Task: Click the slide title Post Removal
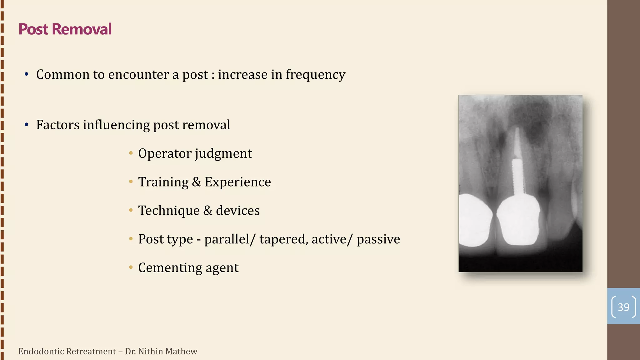point(65,29)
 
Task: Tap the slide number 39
point(623,307)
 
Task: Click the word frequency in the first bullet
point(315,75)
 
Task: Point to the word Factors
point(58,125)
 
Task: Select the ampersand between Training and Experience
point(196,182)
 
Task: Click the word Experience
point(237,182)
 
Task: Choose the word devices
point(237,211)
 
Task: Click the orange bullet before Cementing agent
point(131,267)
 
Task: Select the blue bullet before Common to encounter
point(27,74)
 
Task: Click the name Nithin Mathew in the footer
point(167,351)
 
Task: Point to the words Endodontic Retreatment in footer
point(67,351)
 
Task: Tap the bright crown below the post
point(518,220)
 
